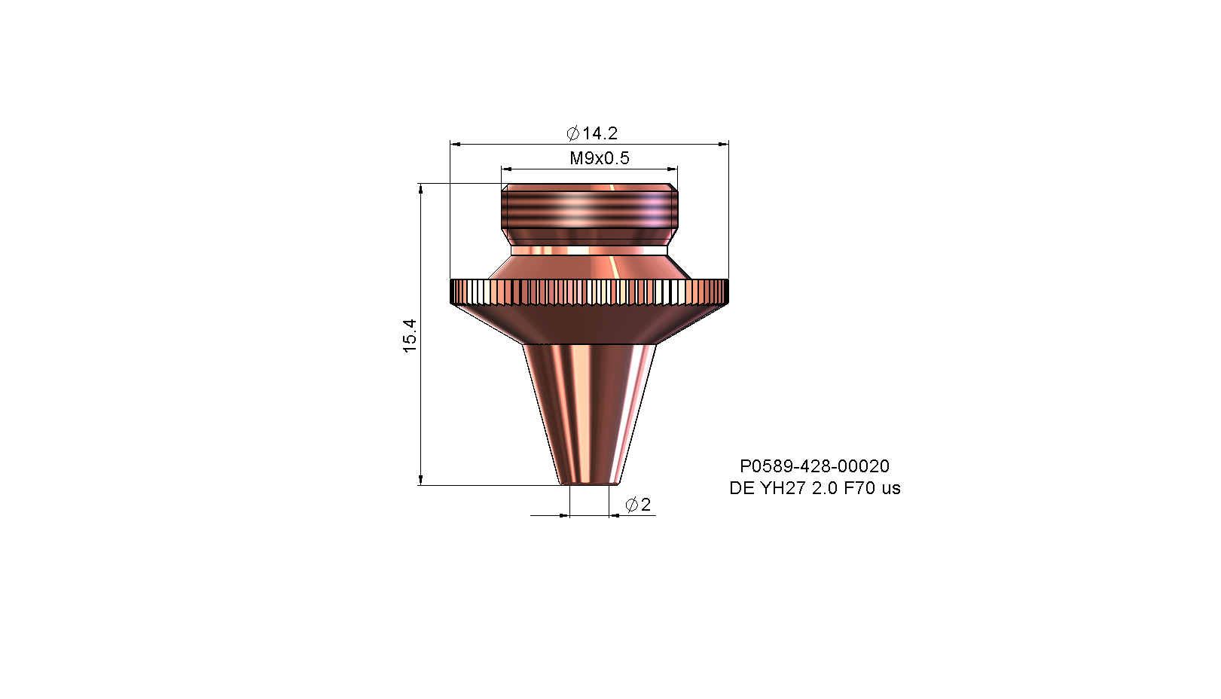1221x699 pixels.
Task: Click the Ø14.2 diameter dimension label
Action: [x=592, y=133]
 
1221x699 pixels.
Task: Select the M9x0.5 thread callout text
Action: [x=600, y=158]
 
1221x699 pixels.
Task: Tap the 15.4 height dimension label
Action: [x=410, y=336]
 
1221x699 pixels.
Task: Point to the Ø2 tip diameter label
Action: [x=638, y=505]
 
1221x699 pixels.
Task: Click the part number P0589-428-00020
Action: [x=814, y=466]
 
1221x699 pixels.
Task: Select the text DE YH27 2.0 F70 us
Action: [x=815, y=488]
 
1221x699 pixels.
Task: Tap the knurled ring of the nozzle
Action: [x=589, y=292]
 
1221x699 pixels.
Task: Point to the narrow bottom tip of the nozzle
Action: [x=590, y=481]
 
